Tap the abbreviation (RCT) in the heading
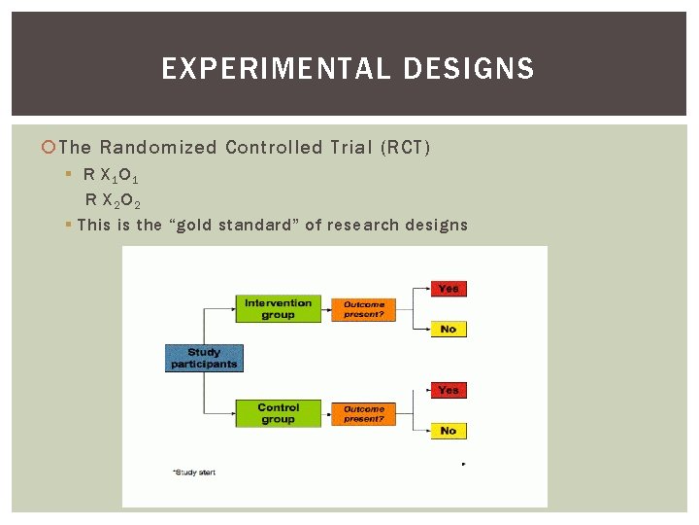click(406, 148)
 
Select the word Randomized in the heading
click(158, 148)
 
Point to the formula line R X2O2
click(115, 201)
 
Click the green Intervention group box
click(278, 309)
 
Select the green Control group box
click(278, 413)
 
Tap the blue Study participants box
click(204, 358)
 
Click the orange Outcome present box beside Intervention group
click(364, 309)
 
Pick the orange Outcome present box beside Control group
click(364, 414)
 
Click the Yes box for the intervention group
click(448, 289)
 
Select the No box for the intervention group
click(448, 330)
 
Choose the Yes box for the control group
click(448, 391)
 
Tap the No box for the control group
click(448, 431)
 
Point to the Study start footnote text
click(194, 472)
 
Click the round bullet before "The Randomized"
click(50, 148)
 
